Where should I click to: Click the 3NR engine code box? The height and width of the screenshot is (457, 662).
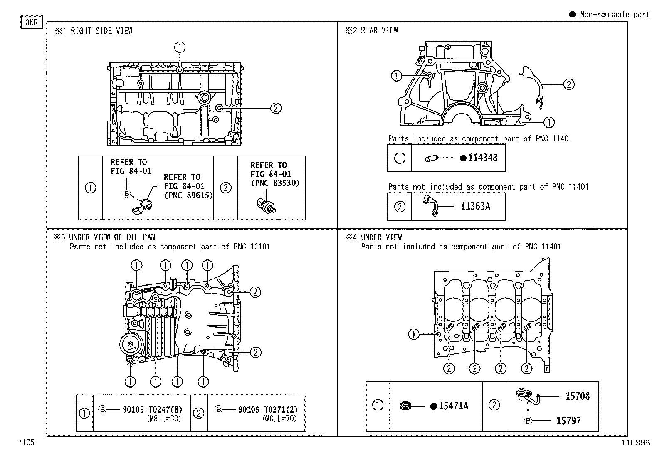[32, 22]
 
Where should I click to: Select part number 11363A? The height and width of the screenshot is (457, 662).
[475, 206]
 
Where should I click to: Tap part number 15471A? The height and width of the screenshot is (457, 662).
[453, 406]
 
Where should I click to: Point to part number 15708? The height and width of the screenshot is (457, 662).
[577, 396]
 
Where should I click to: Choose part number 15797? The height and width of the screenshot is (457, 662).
[568, 421]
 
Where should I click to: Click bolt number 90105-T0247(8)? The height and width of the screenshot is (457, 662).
[152, 410]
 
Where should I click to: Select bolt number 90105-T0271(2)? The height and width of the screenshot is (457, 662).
[268, 410]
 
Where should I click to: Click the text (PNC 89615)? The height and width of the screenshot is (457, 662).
[188, 195]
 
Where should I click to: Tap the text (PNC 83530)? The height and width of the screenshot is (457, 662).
[275, 183]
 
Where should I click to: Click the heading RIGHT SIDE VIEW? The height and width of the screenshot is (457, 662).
[101, 31]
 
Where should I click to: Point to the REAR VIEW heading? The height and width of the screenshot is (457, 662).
[379, 30]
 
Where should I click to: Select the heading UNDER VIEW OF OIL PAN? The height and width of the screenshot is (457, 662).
[112, 237]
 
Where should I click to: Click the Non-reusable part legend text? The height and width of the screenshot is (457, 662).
[615, 15]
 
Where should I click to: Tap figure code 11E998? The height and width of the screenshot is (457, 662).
[635, 443]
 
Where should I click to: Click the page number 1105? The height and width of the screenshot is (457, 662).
[26, 442]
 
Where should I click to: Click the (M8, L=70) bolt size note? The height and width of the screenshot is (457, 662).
[280, 419]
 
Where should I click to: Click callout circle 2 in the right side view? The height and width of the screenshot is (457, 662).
[276, 108]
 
